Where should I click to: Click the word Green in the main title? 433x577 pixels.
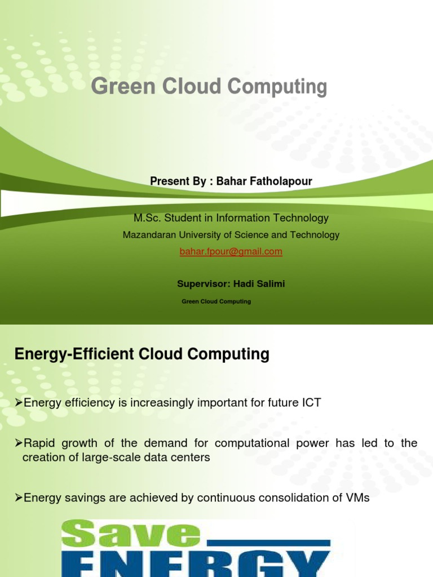[x=114, y=87]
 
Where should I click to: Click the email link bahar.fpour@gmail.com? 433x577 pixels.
[x=231, y=252]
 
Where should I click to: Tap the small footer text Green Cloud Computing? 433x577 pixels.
[x=216, y=302]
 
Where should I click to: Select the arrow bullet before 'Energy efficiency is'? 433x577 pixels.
[x=17, y=403]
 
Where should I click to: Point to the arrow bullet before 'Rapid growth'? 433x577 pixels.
[x=17, y=443]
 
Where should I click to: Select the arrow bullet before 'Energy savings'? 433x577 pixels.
[x=17, y=498]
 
